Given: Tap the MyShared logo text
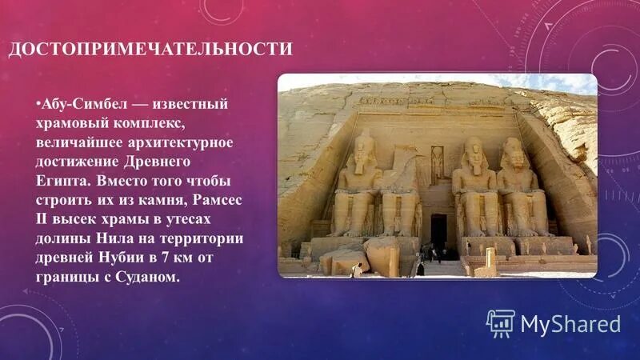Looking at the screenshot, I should (570, 323).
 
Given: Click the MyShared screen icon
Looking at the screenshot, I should (500, 322).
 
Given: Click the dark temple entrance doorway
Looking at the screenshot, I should (438, 232).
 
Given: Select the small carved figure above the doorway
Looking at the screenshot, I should (438, 163).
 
